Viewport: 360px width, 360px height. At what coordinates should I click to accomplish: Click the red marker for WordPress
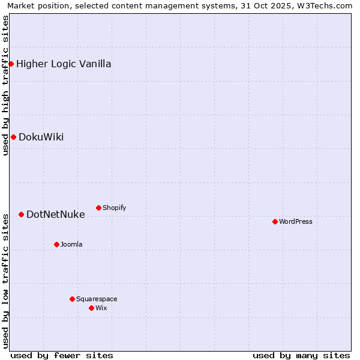(275, 221)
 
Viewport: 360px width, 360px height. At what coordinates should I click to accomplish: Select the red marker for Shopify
(98, 208)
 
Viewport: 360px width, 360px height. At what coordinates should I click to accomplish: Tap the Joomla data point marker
(56, 244)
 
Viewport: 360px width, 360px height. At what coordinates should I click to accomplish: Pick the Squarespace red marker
(72, 299)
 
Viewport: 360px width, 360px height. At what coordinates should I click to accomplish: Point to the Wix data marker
(91, 308)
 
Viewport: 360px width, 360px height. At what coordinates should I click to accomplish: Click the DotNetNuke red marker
(21, 214)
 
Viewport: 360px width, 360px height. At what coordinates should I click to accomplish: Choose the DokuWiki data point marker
(13, 137)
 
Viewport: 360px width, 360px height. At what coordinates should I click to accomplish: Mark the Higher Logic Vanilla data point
(11, 64)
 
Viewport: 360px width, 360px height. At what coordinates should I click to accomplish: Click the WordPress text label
(296, 221)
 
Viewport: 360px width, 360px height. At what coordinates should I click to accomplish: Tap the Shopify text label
(114, 208)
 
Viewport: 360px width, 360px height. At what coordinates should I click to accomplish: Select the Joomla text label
(71, 244)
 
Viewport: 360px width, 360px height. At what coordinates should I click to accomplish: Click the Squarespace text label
(97, 299)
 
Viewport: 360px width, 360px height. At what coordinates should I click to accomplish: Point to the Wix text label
(101, 308)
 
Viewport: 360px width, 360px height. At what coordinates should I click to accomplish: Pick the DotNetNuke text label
(56, 214)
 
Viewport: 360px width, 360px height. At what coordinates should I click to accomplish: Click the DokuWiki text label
(41, 137)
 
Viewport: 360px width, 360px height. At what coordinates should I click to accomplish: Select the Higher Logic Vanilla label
(64, 64)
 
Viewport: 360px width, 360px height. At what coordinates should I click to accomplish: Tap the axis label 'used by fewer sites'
(62, 355)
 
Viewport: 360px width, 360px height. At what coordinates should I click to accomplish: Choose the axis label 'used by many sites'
(301, 355)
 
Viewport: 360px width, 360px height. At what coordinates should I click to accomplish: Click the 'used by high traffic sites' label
(5, 85)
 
